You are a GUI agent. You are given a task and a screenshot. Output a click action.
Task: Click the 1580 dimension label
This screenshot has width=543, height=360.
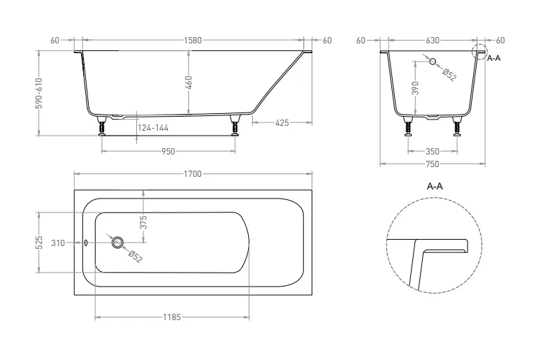pos(193,41)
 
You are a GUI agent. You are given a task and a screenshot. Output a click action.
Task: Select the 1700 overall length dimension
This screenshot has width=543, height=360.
pos(193,174)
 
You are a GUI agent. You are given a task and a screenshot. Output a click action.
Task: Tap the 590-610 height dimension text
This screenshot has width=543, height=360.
pos(39,93)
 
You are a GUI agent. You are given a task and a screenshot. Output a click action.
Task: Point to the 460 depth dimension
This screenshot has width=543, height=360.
pos(189,82)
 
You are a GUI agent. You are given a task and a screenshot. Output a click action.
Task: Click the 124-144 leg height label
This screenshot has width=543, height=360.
pos(153,128)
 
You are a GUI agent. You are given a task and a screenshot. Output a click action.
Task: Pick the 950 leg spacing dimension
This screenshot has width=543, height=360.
pos(168,152)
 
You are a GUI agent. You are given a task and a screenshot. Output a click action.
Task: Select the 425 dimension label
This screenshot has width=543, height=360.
pos(282,122)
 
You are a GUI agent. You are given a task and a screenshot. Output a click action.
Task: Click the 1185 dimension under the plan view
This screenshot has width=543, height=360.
pos(172,317)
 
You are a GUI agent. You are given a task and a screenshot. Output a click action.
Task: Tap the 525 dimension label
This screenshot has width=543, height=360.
pos(39,243)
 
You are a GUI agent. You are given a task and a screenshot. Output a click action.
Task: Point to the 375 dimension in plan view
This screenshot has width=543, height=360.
pos(145,222)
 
